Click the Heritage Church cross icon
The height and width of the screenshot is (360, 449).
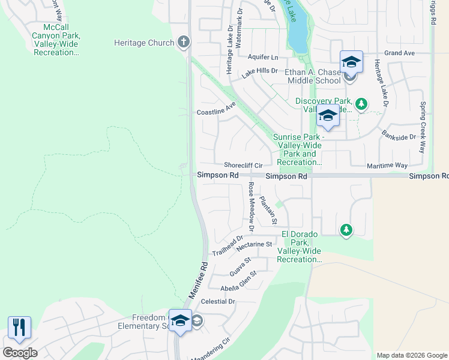point(184,43)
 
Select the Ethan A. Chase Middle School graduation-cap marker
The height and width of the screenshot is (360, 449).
point(351,62)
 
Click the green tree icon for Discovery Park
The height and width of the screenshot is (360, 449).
point(361,104)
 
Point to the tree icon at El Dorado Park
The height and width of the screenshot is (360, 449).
point(346,230)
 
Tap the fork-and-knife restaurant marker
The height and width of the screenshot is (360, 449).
point(19,328)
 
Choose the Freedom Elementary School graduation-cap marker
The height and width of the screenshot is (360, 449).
point(180,321)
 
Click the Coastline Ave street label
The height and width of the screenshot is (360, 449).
point(216,112)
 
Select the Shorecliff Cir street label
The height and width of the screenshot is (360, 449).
point(244,165)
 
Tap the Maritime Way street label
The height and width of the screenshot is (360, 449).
point(387,165)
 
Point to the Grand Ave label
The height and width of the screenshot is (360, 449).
point(400,53)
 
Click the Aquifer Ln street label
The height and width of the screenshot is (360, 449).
point(263,58)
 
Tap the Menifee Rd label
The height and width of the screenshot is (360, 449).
point(199,282)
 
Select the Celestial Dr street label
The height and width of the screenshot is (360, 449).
point(218,301)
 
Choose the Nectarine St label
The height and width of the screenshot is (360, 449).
point(254,245)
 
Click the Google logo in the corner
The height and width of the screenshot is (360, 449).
point(20,353)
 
